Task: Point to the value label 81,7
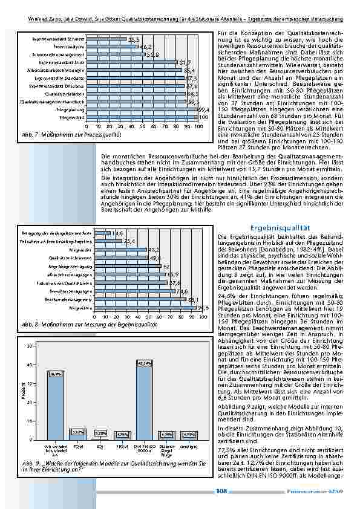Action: click(x=185, y=62)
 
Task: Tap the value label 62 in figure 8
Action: click(x=166, y=265)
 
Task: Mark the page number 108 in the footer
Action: click(x=222, y=491)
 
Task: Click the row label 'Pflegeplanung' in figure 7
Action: click(x=71, y=110)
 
